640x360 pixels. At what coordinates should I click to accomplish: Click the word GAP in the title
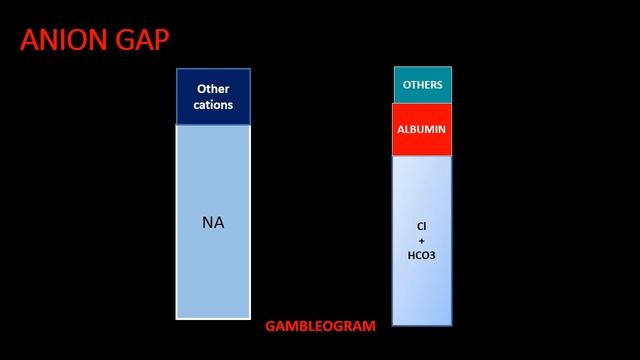tap(142, 40)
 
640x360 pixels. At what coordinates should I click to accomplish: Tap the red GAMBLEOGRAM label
tap(320, 326)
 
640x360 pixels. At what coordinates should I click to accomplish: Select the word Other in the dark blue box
tap(213, 89)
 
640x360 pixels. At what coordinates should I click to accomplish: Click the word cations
tap(213, 105)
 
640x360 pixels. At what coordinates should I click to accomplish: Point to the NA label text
tap(213, 222)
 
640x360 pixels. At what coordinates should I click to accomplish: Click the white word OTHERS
tap(422, 85)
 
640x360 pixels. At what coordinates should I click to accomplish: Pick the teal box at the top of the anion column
tap(423, 85)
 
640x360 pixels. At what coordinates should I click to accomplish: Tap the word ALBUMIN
tap(422, 129)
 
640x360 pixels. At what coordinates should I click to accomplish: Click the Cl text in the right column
tap(422, 226)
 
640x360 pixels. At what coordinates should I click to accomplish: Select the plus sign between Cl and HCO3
tap(422, 241)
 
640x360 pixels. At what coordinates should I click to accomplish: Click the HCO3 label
tap(422, 256)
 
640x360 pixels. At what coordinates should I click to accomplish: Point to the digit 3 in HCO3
tap(433, 256)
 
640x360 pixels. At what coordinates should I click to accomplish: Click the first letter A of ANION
tap(29, 40)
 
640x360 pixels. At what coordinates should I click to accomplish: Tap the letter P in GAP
tap(161, 40)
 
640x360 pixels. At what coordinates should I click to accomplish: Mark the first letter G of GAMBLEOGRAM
tap(271, 326)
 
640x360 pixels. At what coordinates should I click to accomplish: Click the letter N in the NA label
tap(207, 222)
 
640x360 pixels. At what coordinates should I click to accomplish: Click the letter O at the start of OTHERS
tap(407, 85)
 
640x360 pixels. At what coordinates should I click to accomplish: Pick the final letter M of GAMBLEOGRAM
tap(370, 326)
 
